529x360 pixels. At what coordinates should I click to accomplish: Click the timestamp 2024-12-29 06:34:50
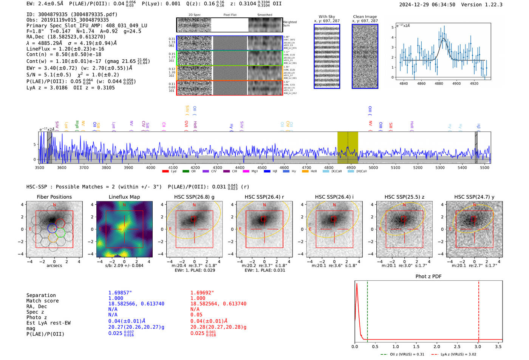[x=427, y=5]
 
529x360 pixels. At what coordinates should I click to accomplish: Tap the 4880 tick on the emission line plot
[x=439, y=83]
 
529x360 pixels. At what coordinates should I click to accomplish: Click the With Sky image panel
[x=327, y=56]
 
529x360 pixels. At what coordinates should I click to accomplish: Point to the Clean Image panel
[x=365, y=56]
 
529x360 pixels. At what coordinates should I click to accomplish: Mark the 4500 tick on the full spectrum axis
[x=262, y=167]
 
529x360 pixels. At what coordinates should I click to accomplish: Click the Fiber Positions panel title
[x=54, y=197]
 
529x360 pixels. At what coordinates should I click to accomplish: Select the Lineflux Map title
[x=124, y=197]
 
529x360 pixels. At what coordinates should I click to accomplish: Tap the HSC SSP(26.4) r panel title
[x=264, y=197]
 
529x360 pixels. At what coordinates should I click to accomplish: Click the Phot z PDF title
[x=428, y=277]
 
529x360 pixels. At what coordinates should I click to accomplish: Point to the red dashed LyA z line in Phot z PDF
[x=479, y=310]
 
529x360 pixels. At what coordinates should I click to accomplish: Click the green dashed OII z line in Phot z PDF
[x=367, y=310]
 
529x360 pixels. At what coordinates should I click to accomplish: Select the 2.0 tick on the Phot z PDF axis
[x=437, y=346]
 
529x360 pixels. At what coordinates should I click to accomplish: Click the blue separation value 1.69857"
[x=120, y=293]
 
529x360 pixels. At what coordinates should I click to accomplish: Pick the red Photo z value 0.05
[x=196, y=315]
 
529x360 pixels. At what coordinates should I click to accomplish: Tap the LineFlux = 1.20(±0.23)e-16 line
[x=65, y=49]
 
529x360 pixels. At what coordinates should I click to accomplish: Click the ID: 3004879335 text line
[x=72, y=14]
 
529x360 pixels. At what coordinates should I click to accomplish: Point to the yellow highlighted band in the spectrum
[x=348, y=147]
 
